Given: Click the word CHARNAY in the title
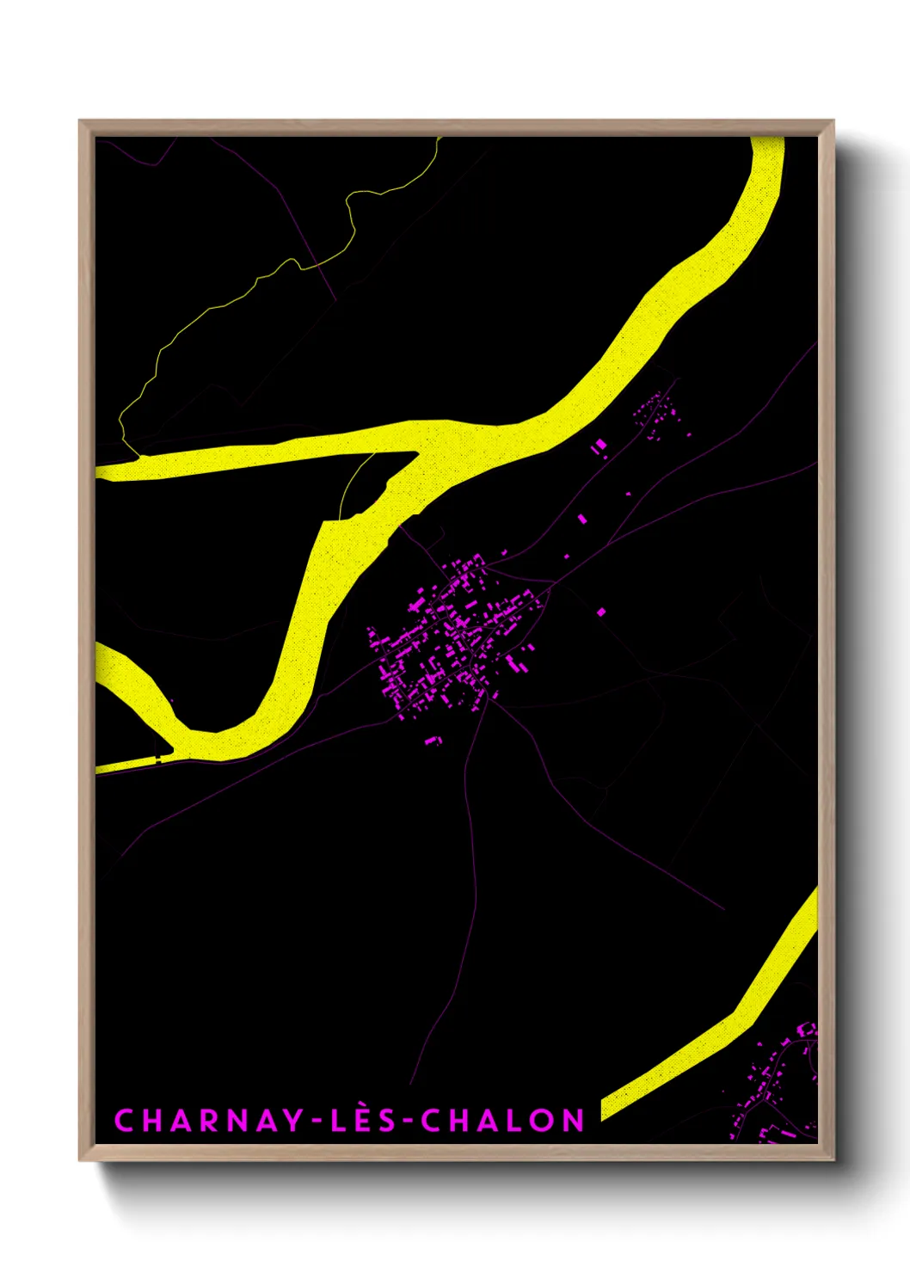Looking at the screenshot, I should click(x=208, y=1120).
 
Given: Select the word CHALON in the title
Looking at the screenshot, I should click(x=503, y=1120).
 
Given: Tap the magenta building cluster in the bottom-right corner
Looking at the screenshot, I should click(x=774, y=1084).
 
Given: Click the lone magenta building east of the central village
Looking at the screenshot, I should click(x=601, y=612).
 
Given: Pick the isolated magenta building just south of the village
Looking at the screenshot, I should click(x=433, y=740).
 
